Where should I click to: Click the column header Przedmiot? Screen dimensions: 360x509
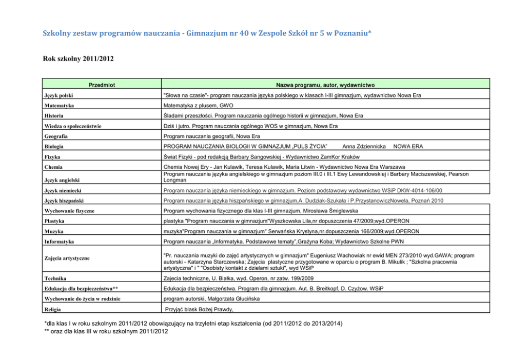pos(101,84)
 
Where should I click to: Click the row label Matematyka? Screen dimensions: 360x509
pos(60,105)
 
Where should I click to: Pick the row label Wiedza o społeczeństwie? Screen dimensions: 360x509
pos(73,126)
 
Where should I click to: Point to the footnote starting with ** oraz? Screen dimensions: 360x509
pos(107,332)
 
